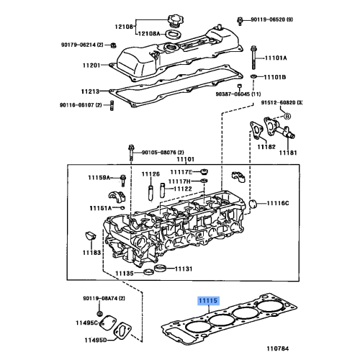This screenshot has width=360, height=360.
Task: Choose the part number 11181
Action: tap(288, 153)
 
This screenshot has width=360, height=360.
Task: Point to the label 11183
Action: tap(91, 253)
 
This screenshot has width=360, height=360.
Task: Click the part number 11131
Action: tap(182, 269)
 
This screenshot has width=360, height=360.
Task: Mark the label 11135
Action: tap(125, 274)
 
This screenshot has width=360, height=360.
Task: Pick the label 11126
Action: tap(149, 174)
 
